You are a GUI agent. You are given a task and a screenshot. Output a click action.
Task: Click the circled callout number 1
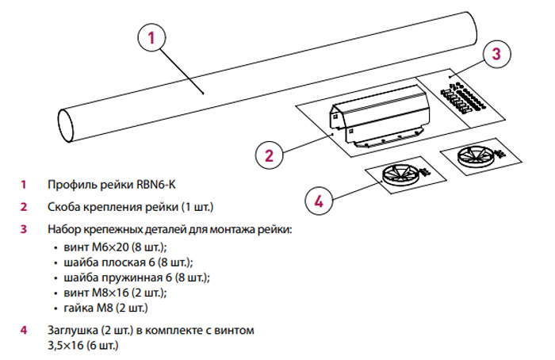pyautogui.click(x=153, y=36)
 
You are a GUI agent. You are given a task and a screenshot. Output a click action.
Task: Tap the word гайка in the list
pyautogui.click(x=77, y=307)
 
